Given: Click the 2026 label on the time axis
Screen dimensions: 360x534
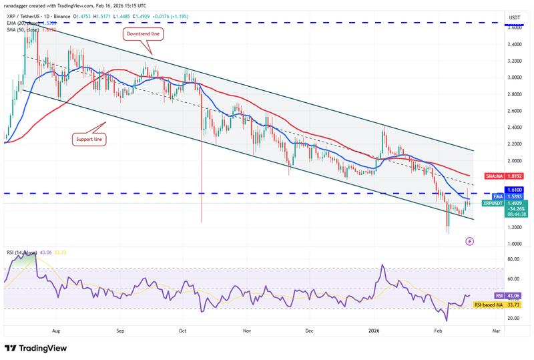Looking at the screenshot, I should [374, 330].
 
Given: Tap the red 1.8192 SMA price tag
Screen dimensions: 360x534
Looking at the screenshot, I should [513, 176].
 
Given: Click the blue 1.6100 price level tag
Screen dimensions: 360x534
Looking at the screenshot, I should [513, 190].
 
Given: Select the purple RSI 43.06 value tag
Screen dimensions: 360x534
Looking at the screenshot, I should [513, 295].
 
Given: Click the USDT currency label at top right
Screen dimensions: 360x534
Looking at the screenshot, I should [514, 17].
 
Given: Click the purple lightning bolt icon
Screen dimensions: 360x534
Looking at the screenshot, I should [470, 240].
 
